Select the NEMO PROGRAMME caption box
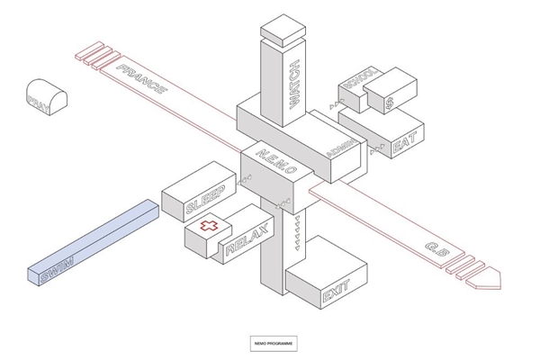point(273,342)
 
